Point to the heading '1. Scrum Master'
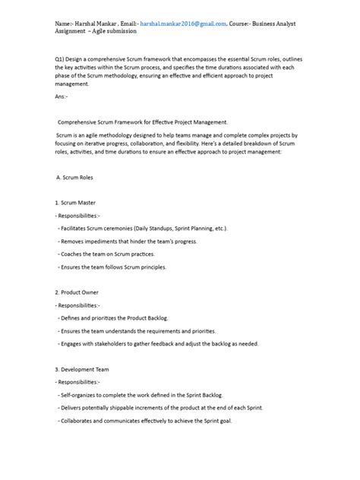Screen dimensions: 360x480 76,203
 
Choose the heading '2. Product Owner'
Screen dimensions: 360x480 77,292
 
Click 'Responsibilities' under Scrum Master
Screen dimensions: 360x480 83,216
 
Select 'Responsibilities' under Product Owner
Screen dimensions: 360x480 83,305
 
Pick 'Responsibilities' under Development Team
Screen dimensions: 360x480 83,382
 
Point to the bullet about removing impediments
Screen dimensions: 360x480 128,241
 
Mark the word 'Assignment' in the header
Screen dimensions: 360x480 73,32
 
